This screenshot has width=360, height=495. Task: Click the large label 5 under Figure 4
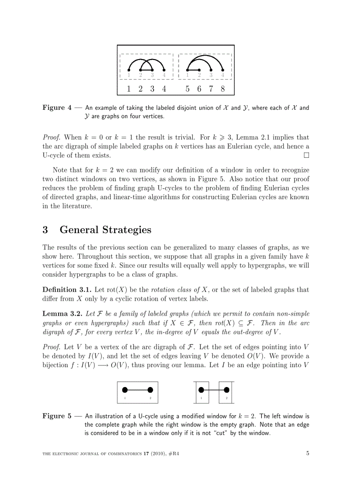click(187, 89)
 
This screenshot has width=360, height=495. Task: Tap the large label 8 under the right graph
click(223, 89)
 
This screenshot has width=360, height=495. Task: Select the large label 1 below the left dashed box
click(129, 89)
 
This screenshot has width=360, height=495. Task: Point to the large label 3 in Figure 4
click(152, 89)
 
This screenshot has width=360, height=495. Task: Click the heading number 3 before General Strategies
click(45, 230)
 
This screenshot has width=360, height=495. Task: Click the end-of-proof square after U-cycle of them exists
click(306, 156)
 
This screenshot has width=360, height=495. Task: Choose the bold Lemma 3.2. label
click(60, 314)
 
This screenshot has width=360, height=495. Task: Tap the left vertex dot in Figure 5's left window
click(125, 390)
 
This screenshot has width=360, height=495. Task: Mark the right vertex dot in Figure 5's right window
click(227, 390)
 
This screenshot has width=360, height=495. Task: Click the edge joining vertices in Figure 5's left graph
click(138, 390)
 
